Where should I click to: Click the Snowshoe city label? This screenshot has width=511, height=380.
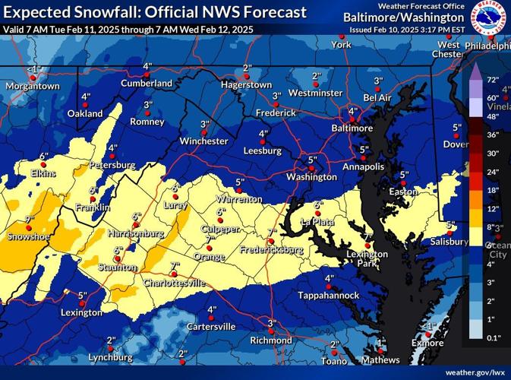pos(24,236)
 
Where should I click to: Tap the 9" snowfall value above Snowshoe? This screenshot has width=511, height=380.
pos(30,219)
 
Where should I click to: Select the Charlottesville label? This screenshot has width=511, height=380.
pos(175,283)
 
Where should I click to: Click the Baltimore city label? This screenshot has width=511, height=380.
pos(352,128)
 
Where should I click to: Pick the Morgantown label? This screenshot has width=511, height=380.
pos(32,86)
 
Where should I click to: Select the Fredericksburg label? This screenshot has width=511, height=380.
pos(272,249)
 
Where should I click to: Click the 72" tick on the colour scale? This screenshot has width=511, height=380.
pos(492,80)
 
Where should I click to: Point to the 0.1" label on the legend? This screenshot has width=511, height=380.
pos(492,337)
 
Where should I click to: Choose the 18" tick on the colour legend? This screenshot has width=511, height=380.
pos(492,190)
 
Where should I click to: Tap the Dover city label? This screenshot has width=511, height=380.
pos(456,144)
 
